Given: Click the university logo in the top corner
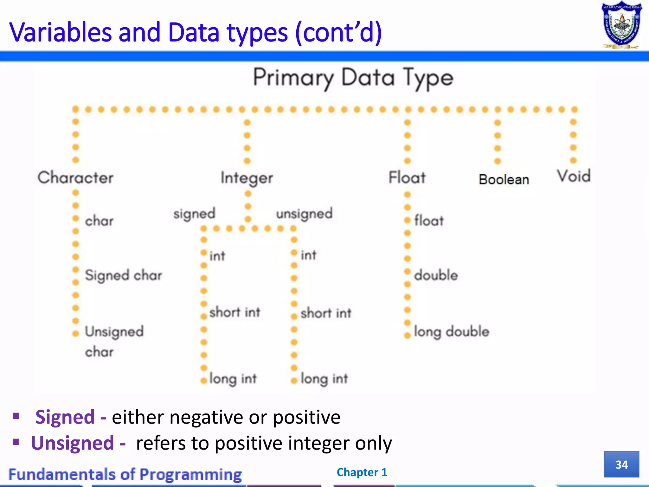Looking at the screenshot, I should pyautogui.click(x=621, y=25).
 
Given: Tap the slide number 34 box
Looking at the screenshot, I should pyautogui.click(x=621, y=464).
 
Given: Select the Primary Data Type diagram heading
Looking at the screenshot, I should pyautogui.click(x=353, y=78).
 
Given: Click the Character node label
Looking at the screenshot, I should pyautogui.click(x=75, y=177).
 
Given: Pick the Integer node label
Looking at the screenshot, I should pyautogui.click(x=247, y=178).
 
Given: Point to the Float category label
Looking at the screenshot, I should pyautogui.click(x=407, y=177).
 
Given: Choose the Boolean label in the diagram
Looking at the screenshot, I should pyautogui.click(x=504, y=179).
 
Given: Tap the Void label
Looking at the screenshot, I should pyautogui.click(x=574, y=176).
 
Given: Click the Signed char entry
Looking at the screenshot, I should pyautogui.click(x=123, y=275).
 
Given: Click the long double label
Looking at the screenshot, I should pyautogui.click(x=452, y=332).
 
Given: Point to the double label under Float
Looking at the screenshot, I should pyautogui.click(x=436, y=275).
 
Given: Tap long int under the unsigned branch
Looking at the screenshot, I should pyautogui.click(x=324, y=379).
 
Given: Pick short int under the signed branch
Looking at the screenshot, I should pyautogui.click(x=235, y=312).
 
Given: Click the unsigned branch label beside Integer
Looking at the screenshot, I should pyautogui.click(x=304, y=214).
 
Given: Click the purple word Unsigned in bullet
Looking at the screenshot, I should pyautogui.click(x=72, y=443).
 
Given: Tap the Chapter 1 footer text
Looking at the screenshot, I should pyautogui.click(x=362, y=472).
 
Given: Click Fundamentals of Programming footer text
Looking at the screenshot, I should pyautogui.click(x=125, y=475).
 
